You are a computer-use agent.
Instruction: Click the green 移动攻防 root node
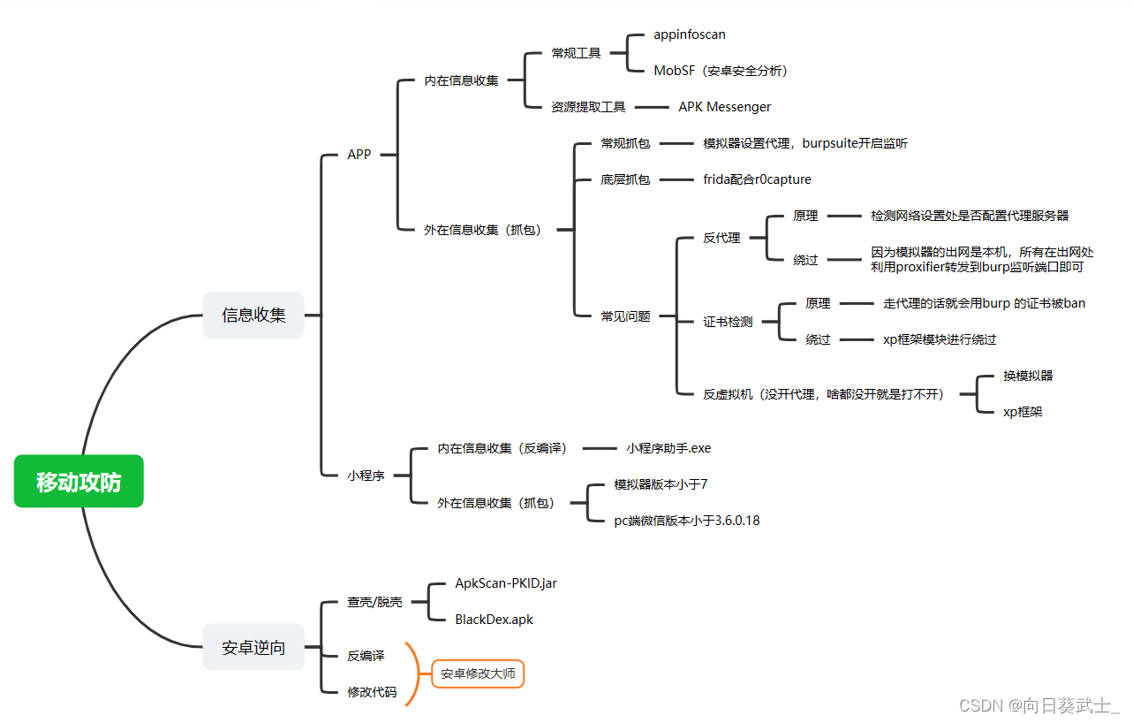click(79, 482)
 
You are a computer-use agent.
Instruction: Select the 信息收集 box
click(253, 316)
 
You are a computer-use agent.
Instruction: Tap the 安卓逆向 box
click(253, 648)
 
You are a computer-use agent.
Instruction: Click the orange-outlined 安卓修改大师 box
click(478, 674)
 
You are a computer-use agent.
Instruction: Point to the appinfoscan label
click(690, 34)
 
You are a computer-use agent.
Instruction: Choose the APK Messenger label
click(724, 107)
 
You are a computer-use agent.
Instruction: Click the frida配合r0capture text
click(757, 179)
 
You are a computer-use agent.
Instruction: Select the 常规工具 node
click(576, 53)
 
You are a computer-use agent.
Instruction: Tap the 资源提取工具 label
click(588, 107)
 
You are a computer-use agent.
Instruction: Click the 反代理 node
click(721, 238)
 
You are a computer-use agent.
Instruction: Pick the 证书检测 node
click(728, 322)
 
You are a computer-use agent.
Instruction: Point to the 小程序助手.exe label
click(668, 448)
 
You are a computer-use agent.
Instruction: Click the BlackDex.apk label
click(494, 620)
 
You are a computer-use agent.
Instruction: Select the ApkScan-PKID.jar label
click(506, 583)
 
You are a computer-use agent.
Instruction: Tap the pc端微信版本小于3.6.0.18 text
click(686, 521)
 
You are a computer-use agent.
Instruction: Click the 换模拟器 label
click(1028, 376)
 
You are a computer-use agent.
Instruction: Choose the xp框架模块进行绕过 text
click(940, 339)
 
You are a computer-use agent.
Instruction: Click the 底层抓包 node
click(625, 179)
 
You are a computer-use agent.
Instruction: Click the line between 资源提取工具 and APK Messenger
click(652, 107)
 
